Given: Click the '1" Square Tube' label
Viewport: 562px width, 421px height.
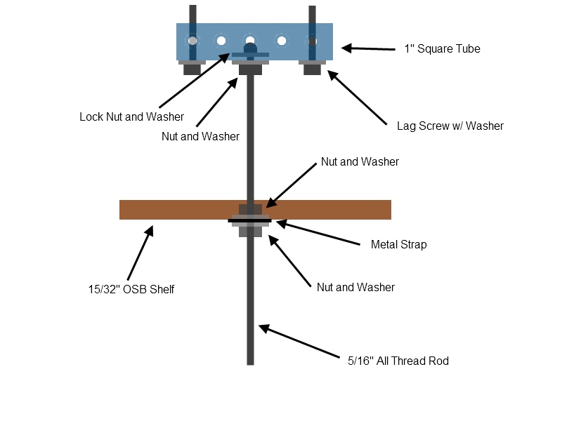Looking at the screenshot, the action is (x=442, y=48).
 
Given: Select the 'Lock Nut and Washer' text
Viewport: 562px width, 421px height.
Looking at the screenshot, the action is (x=131, y=116).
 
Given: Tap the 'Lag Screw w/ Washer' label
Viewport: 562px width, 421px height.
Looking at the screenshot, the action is (x=450, y=126).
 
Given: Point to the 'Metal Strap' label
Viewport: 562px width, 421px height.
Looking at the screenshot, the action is (x=398, y=244).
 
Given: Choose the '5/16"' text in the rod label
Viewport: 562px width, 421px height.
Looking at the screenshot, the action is (x=360, y=361).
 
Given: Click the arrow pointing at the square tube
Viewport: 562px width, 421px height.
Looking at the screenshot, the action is (x=368, y=48).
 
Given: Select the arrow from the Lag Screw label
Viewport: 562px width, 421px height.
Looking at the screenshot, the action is (x=357, y=98).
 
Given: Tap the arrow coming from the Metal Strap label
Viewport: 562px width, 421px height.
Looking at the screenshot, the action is (x=318, y=233).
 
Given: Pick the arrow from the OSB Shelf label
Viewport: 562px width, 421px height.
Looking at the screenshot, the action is (x=140, y=253).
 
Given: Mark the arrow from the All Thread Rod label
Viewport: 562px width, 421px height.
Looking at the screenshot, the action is (x=299, y=341).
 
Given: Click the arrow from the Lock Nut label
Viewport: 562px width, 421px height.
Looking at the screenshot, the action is (x=195, y=80).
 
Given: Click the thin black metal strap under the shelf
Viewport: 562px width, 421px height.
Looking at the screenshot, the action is (x=250, y=221).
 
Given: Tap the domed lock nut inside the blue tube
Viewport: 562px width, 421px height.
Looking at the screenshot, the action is (x=250, y=48).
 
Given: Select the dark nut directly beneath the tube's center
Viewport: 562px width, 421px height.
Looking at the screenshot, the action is (x=250, y=69).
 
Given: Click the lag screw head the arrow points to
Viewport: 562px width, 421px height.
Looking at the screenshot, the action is (x=312, y=69).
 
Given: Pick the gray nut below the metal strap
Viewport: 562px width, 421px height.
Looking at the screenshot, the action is (x=250, y=232).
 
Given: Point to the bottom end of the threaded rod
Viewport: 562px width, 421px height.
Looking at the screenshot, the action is (x=250, y=364).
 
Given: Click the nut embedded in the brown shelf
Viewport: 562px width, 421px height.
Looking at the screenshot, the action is (x=250, y=209).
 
